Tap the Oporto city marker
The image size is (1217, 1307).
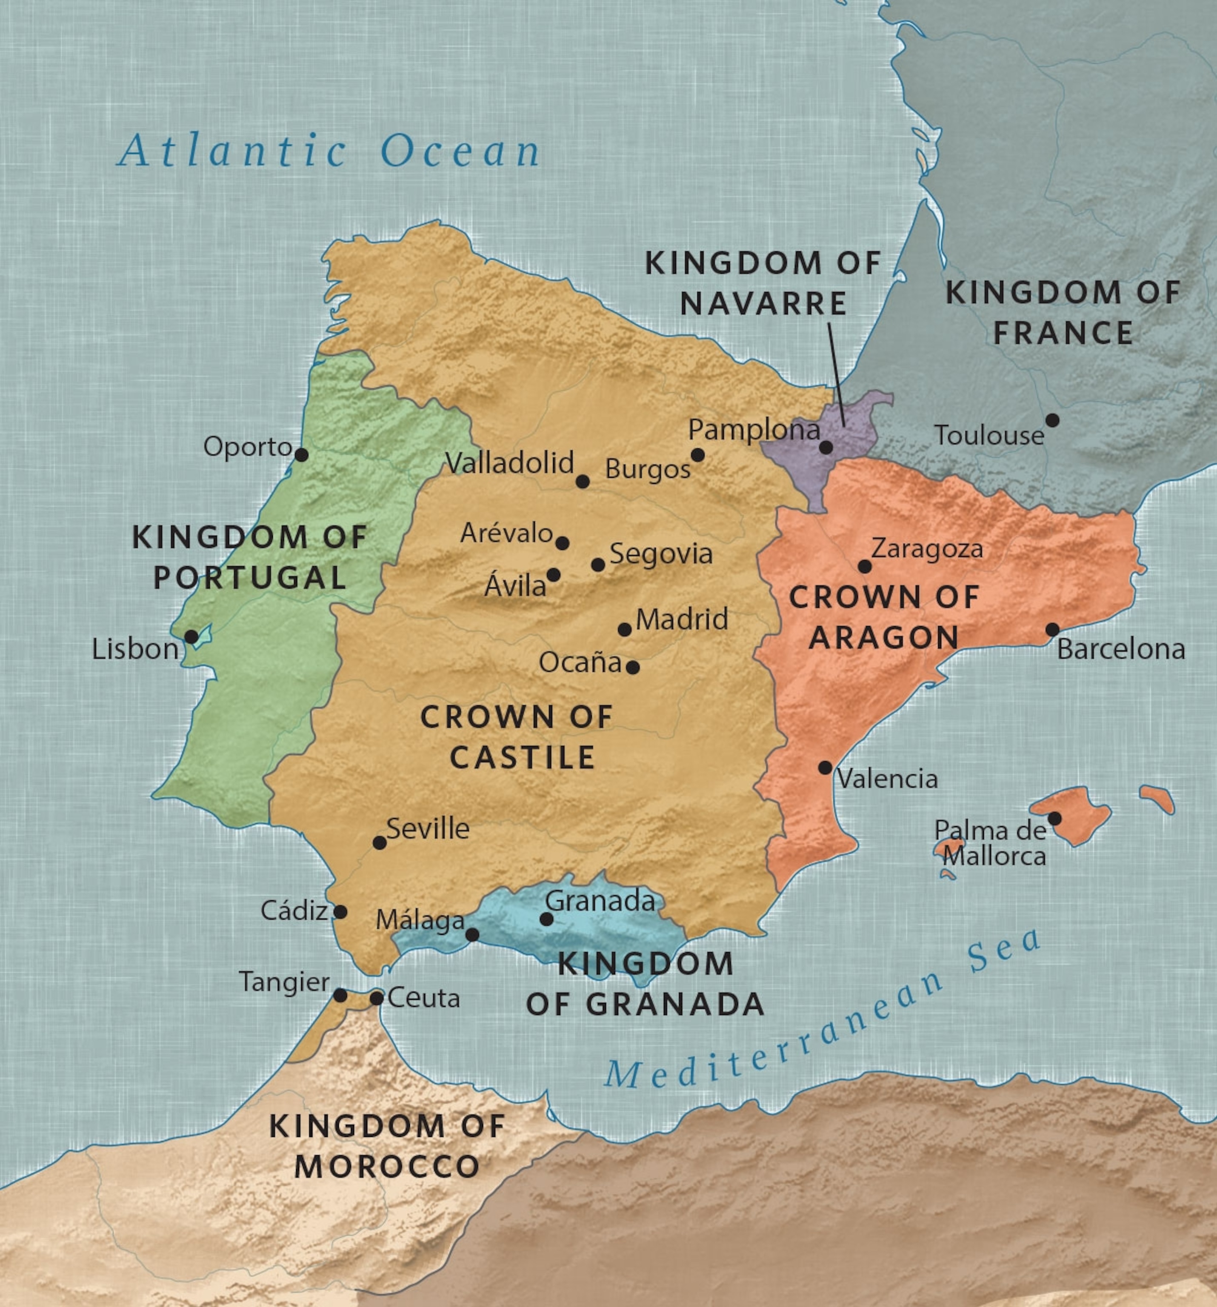[x=301, y=455]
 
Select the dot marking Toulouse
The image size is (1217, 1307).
[x=1052, y=420]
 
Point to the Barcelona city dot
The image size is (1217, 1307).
[x=1052, y=629]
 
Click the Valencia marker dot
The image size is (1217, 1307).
[x=825, y=767]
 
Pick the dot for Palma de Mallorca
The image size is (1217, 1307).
[x=1054, y=819]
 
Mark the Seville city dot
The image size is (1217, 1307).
[x=380, y=842]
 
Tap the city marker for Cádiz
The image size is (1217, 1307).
[x=340, y=912]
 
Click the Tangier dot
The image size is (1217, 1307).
[x=340, y=996]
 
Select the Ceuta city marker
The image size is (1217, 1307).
[x=376, y=998]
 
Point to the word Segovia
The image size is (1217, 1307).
[x=661, y=554]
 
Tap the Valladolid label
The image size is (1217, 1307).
[x=509, y=463]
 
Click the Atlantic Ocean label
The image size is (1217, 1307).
[x=329, y=151]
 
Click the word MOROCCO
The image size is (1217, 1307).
[x=387, y=1167]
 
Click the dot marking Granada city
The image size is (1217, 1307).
[x=546, y=919]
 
